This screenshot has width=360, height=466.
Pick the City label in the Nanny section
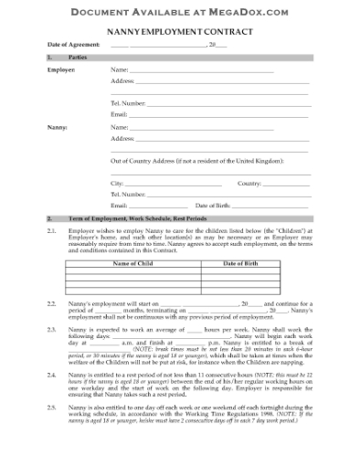click(x=117, y=183)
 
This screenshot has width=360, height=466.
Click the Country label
click(x=249, y=183)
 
